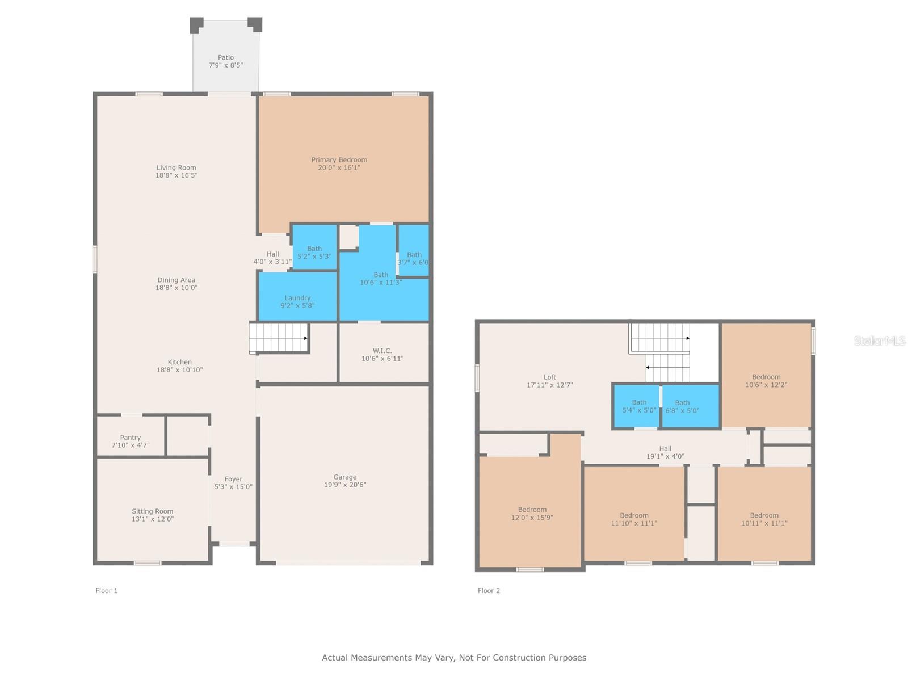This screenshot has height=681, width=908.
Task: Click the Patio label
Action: click(x=226, y=57)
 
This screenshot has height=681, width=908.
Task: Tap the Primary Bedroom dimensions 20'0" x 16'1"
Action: click(x=339, y=168)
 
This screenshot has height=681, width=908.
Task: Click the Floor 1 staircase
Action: click(x=279, y=337)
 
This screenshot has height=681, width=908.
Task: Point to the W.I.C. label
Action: click(x=382, y=351)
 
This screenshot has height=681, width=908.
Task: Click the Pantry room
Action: click(x=131, y=438)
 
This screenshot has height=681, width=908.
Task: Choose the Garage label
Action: click(x=344, y=477)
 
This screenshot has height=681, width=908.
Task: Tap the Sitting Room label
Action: click(x=152, y=511)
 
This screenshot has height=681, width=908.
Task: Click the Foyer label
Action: click(x=233, y=479)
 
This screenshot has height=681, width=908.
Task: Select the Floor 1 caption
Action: click(x=106, y=591)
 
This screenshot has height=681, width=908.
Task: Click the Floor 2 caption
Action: click(x=489, y=591)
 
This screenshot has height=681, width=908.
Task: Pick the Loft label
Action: click(x=549, y=377)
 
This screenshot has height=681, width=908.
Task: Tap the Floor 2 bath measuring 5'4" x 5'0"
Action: click(x=638, y=406)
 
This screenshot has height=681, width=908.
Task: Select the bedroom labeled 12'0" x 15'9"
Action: click(x=532, y=514)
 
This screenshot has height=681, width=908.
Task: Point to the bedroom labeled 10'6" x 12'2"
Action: click(x=766, y=381)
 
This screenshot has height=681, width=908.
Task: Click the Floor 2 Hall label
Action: click(x=665, y=449)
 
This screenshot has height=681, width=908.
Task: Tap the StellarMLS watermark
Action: click(x=879, y=341)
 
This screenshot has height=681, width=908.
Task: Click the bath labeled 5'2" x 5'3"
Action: click(x=314, y=252)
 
